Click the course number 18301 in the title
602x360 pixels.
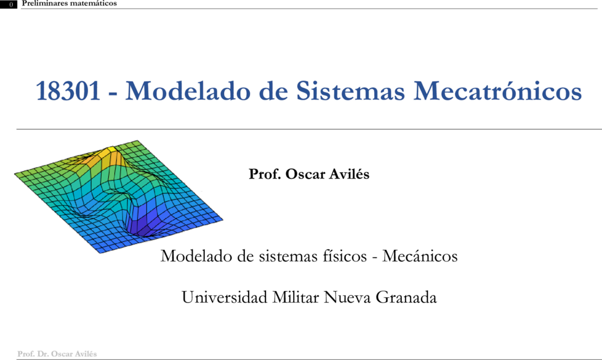68,91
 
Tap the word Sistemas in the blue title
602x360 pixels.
350,91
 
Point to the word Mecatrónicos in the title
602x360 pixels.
497,91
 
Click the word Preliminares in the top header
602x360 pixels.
43,4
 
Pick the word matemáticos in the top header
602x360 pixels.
92,4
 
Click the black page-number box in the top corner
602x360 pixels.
9,4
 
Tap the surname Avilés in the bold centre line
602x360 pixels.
350,174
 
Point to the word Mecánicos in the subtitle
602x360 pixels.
420,256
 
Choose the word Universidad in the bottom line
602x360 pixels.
224,297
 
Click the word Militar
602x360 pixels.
295,297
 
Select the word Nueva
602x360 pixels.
347,297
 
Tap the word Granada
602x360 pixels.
406,297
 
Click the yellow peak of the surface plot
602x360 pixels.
111,150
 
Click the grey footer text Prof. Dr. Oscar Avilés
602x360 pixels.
57,354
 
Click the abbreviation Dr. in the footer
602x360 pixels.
42,354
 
